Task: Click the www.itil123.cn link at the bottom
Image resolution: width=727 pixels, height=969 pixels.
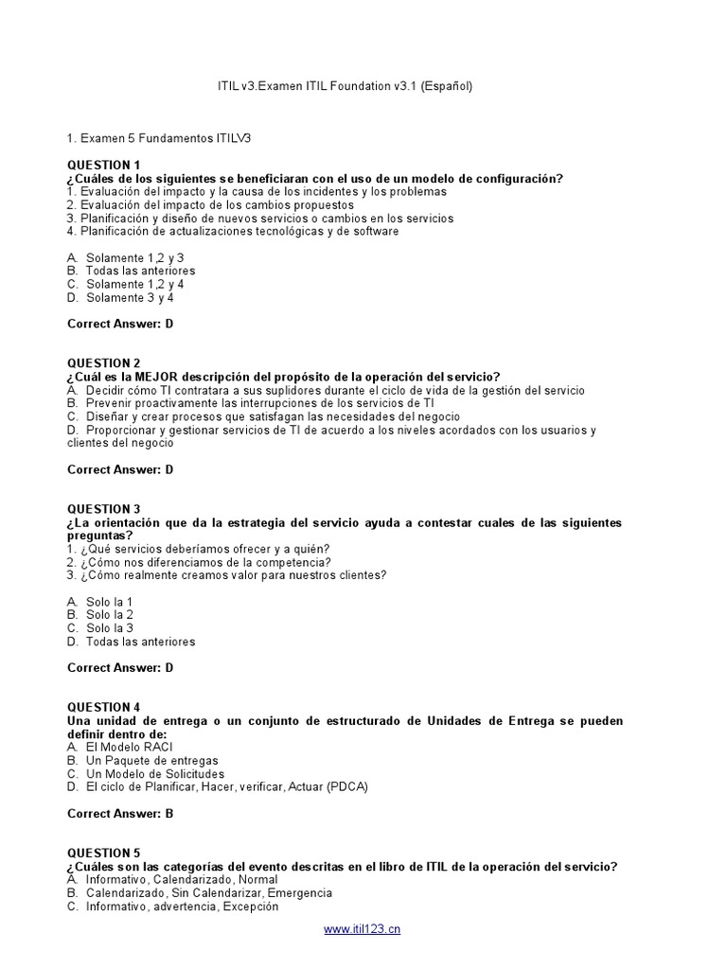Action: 363,929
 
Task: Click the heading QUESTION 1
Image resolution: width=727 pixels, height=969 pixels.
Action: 104,166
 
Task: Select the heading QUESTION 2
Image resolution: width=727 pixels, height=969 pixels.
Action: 104,363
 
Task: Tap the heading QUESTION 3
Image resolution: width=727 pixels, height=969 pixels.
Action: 104,509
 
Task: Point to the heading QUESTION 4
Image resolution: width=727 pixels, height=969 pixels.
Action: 104,708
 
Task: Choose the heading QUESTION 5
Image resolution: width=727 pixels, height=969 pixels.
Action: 104,854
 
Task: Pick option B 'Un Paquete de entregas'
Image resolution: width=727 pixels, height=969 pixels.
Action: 151,761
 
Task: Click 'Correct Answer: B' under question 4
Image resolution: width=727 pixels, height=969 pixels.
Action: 120,814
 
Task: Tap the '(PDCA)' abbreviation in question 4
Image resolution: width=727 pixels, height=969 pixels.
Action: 346,787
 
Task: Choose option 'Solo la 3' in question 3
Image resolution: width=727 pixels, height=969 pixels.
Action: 109,628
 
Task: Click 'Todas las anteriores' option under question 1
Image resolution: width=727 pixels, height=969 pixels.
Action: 140,272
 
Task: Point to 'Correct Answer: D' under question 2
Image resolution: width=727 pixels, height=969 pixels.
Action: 120,469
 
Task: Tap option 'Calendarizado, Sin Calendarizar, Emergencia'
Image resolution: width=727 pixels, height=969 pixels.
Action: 208,893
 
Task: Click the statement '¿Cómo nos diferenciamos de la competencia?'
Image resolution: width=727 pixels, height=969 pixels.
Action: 204,562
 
